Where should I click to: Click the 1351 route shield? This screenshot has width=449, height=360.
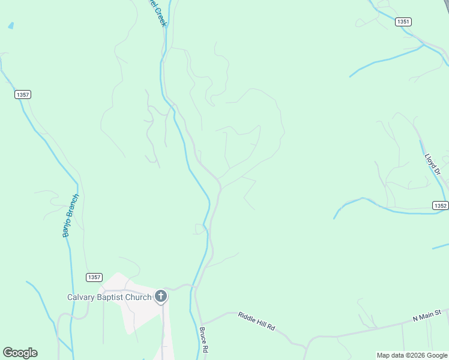point(403,22)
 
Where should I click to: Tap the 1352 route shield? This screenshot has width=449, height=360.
point(441,205)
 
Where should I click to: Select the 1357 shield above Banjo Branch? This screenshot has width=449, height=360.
point(23,95)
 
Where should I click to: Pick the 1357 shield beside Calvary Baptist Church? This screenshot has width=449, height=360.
point(94,277)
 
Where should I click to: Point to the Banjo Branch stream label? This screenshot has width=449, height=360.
point(71,215)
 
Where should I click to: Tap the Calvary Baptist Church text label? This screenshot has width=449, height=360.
point(109,297)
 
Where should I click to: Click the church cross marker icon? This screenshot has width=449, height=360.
point(161,296)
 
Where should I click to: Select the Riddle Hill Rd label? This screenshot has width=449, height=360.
point(256,321)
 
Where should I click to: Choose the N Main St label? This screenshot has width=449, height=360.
point(427,315)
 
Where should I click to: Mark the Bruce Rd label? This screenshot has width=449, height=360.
point(204,340)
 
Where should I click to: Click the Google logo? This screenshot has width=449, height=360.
point(20,353)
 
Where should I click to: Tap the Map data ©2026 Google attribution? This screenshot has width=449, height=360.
point(411,355)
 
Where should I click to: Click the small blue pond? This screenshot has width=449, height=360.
point(10,26)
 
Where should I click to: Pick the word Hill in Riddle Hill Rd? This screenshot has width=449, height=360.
point(259,322)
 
